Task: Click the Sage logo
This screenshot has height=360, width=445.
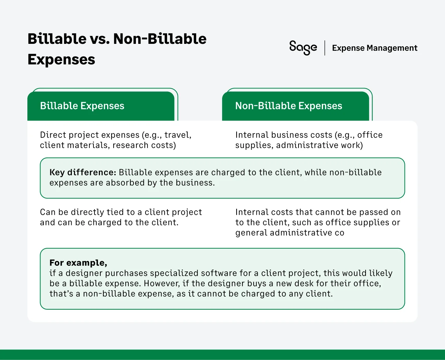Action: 303,48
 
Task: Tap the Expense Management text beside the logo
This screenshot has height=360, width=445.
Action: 374,48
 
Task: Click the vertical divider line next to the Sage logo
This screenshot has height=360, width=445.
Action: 325,48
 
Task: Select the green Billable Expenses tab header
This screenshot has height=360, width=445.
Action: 101,106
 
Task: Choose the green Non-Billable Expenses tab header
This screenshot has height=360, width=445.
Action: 295,106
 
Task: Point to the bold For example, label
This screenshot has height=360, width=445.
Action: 78,263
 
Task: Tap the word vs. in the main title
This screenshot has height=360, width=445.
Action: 100,39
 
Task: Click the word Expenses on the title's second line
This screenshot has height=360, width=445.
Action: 61,60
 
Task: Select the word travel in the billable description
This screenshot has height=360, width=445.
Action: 177,135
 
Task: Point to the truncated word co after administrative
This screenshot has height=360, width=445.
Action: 339,233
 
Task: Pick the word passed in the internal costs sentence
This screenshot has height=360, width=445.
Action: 373,212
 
